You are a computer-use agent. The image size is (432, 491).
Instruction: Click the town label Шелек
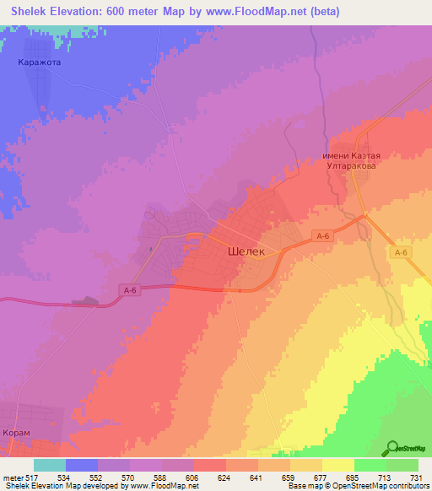[246, 251]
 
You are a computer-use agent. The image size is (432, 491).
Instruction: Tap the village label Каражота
[40, 62]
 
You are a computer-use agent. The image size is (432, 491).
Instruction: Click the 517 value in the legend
[33, 477]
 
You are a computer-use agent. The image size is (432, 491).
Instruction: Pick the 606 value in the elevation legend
[192, 477]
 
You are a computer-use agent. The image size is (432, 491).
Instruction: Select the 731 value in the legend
[417, 477]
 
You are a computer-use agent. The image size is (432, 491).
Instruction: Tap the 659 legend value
[289, 477]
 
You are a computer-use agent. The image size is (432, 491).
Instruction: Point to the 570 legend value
[127, 477]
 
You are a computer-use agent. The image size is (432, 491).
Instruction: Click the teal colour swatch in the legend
[50, 465]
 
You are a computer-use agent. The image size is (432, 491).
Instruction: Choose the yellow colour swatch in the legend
[337, 465]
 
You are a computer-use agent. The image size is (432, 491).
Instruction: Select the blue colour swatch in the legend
[82, 465]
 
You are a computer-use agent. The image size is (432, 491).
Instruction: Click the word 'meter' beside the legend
[12, 477]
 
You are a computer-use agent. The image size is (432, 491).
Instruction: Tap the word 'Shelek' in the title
[35, 9]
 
